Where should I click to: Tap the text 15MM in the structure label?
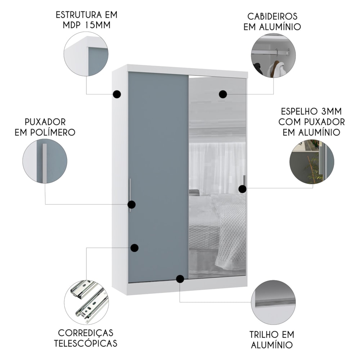coord(98,25)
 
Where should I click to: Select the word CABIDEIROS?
coord(272,16)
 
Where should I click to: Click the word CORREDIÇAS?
coord(86,333)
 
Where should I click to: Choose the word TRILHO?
coord(266,334)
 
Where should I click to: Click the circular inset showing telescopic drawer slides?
coord(86,302)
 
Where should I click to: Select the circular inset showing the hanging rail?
coord(273,55)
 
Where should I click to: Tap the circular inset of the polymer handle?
coord(45,161)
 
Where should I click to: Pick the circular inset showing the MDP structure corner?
coord(86,54)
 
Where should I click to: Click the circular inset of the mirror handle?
coord(312,161)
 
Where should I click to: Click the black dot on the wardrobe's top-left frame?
coord(117,94)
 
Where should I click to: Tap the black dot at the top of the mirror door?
coord(223,94)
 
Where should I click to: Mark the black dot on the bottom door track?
coord(180,279)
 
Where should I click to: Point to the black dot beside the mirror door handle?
coord(242,189)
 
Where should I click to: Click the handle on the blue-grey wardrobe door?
coord(130,195)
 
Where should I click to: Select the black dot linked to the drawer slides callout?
coord(135,248)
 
